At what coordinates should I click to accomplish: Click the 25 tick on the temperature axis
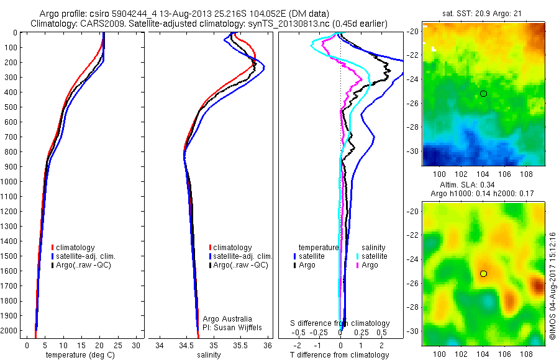pyautogui.click(x=118, y=344)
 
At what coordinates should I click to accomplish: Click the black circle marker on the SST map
pyautogui.click(x=483, y=94)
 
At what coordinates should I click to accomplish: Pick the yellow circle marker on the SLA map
pyautogui.click(x=483, y=273)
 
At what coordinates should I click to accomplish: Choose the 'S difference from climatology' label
pyautogui.click(x=340, y=323)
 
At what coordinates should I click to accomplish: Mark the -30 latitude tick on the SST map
pyautogui.click(x=414, y=151)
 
